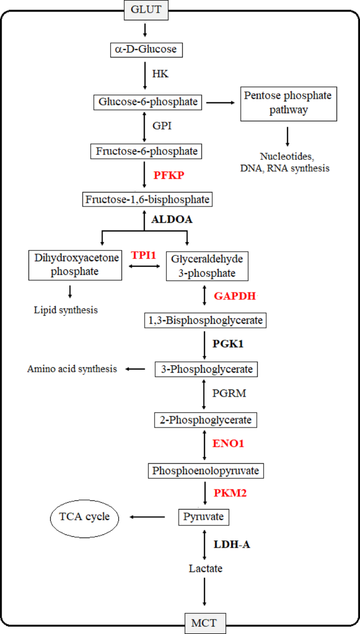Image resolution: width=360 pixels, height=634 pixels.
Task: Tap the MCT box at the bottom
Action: (x=204, y=625)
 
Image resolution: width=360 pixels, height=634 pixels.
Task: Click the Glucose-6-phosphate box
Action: (x=148, y=101)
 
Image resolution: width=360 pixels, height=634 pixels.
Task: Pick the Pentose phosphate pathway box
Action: (x=288, y=103)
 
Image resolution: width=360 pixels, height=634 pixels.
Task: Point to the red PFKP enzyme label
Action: (x=169, y=175)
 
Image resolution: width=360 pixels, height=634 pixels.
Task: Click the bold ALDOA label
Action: (x=172, y=220)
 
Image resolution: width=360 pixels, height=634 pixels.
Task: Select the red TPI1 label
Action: (x=145, y=255)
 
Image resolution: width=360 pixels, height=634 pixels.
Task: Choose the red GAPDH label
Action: (x=234, y=296)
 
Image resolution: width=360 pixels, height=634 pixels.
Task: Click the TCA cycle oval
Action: (x=84, y=517)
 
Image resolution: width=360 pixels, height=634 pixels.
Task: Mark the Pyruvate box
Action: (x=203, y=517)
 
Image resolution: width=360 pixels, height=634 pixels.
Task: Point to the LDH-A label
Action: (x=232, y=545)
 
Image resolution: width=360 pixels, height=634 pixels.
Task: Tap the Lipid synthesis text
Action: (x=65, y=310)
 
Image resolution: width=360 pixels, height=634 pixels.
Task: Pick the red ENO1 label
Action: (x=229, y=443)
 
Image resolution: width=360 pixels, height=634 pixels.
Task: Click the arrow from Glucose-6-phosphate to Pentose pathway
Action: (x=220, y=102)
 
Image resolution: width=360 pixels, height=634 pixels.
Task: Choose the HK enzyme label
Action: (x=160, y=75)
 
